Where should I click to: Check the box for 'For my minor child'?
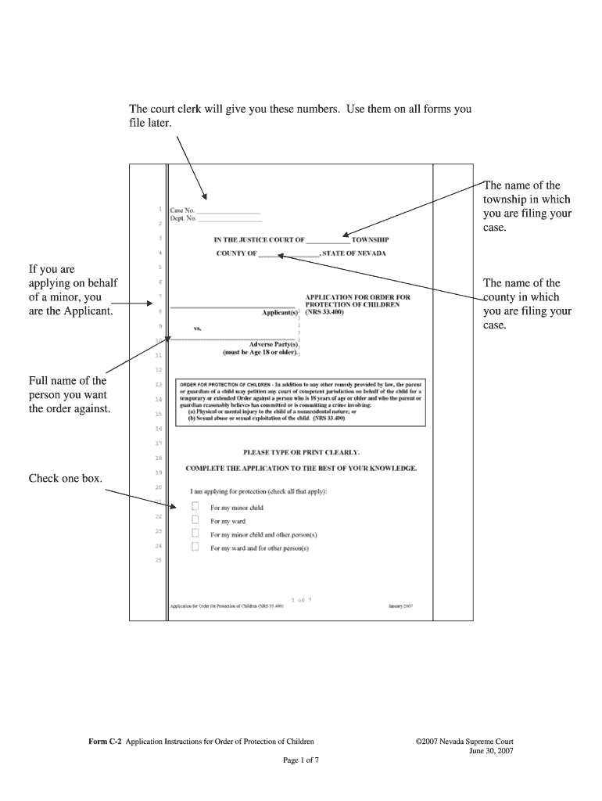(x=195, y=507)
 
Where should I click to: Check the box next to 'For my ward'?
(x=195, y=520)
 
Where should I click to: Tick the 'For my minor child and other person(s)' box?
(x=195, y=534)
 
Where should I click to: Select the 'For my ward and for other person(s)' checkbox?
(x=195, y=548)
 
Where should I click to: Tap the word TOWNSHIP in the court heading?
(x=370, y=239)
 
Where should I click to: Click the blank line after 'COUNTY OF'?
(x=288, y=254)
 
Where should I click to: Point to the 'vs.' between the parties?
(x=199, y=329)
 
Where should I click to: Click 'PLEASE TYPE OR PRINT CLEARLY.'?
(x=301, y=452)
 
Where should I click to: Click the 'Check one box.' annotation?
(x=66, y=478)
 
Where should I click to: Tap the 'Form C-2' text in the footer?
(x=106, y=741)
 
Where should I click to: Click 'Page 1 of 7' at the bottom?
(x=300, y=760)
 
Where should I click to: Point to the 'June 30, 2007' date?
(x=490, y=750)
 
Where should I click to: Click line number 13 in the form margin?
(x=159, y=385)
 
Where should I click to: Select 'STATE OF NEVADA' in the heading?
(x=353, y=253)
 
